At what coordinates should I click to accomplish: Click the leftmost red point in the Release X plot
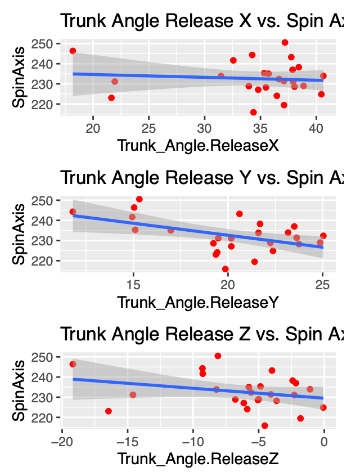(x=73, y=51)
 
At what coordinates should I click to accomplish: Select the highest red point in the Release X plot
(x=285, y=42)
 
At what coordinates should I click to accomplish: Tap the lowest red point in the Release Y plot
(x=226, y=269)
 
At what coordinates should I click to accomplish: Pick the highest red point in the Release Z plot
(x=218, y=356)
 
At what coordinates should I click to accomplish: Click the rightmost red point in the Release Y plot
(x=323, y=236)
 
